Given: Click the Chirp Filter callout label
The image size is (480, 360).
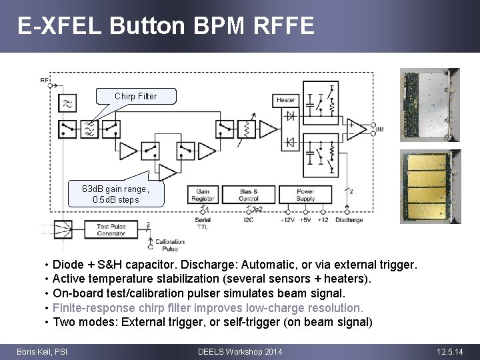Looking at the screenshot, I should click(136, 96).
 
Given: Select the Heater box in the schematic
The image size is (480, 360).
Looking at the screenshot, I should click(285, 100).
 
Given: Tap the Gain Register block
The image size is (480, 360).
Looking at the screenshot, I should click(203, 195).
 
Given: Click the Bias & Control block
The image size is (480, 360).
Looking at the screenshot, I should click(248, 195).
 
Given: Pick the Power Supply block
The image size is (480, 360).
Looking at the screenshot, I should click(305, 195).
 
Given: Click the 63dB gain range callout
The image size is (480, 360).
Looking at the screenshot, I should click(116, 194).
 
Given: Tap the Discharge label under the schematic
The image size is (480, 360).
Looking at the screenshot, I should click(349, 219).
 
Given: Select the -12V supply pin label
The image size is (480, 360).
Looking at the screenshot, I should click(288, 219).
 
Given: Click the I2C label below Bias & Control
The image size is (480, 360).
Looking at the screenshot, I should click(248, 219).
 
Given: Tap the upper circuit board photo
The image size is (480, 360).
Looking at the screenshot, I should click(429, 104).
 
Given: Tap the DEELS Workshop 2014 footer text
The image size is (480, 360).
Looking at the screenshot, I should click(240, 351).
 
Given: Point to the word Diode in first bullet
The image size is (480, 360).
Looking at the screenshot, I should click(67, 265).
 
